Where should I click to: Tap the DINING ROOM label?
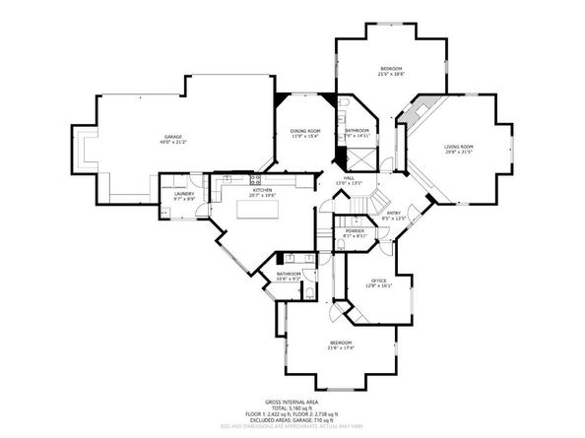305,131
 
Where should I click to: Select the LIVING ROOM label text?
459,146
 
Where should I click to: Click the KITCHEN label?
262,190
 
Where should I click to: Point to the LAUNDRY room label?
185,193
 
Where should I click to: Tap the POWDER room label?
355,231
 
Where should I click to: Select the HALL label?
349,177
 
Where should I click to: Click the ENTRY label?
393,213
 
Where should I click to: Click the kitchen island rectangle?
258,209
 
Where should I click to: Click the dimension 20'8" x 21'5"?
459,152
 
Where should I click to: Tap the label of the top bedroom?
391,68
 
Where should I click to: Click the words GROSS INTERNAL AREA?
292,401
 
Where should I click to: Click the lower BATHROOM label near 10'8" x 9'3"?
289,274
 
